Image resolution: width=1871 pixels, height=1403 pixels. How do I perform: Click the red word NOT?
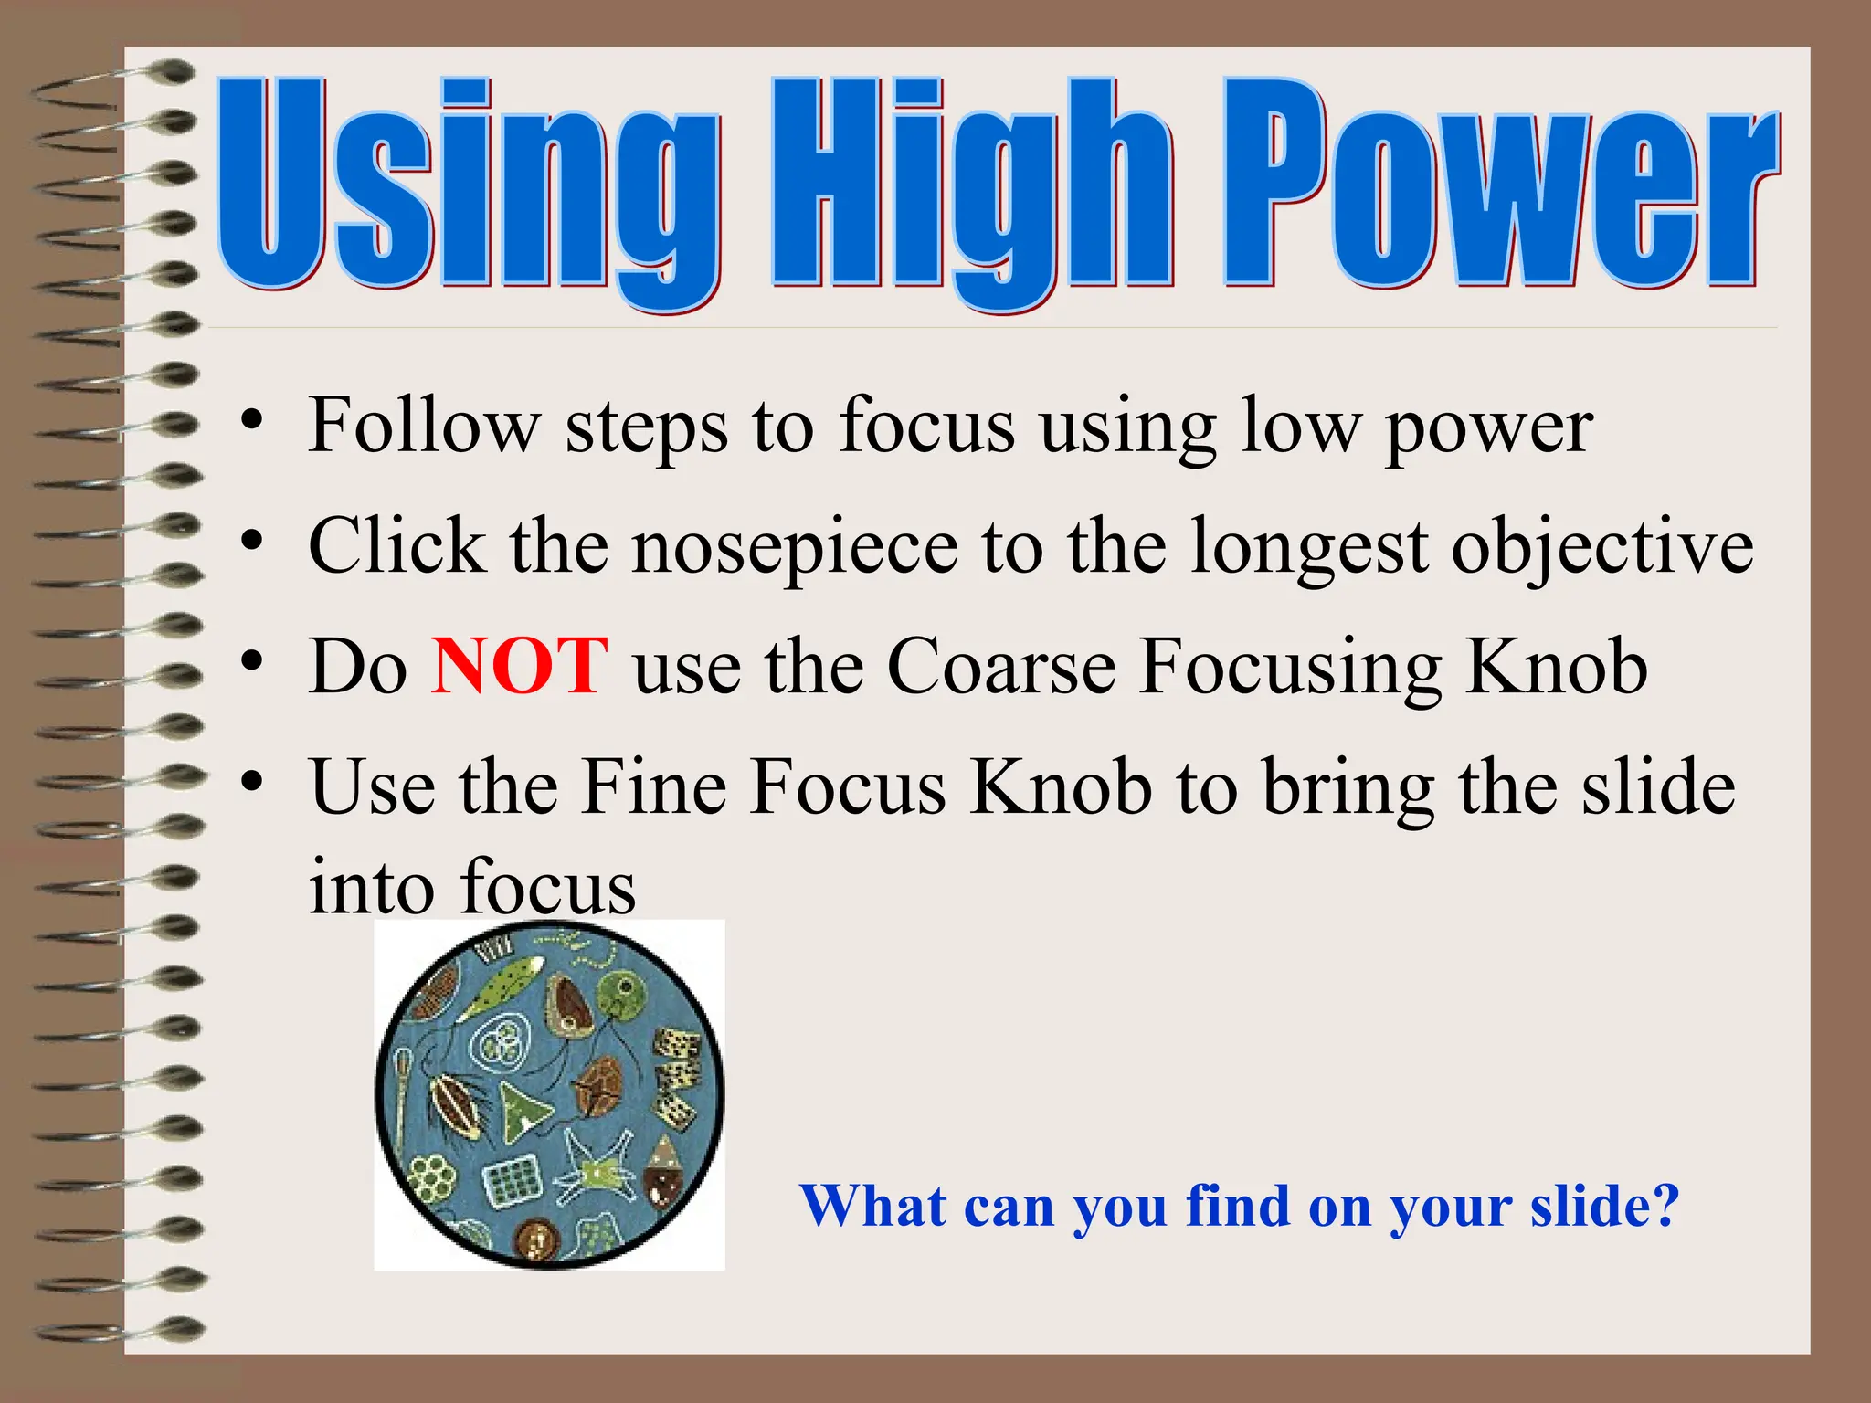(519, 667)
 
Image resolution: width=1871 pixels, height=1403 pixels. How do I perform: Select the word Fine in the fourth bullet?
(653, 787)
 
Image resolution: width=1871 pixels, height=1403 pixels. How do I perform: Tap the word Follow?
(424, 426)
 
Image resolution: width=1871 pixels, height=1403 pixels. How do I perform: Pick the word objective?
(1601, 548)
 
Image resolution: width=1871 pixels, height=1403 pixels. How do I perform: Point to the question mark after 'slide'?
(1665, 1206)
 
